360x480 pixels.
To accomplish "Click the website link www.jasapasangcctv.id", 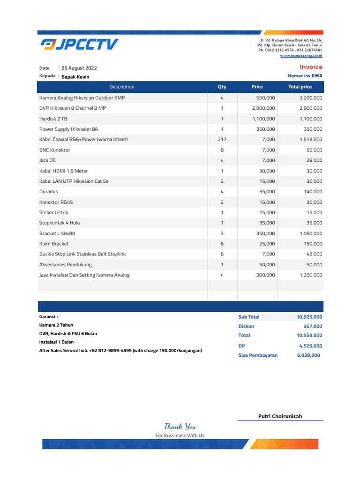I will tap(301, 55).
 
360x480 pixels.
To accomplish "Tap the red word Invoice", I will tap(311, 67).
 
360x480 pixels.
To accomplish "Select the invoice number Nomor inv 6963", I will tap(305, 75).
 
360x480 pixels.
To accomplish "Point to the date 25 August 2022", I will tap(79, 68).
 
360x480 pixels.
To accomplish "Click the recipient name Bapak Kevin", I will tap(75, 76).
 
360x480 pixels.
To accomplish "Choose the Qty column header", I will tap(222, 87).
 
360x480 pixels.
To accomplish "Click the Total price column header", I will tap(300, 87).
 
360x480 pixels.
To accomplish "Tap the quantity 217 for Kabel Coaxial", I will tap(222, 139).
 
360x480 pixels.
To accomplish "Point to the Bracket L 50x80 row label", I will tap(57, 233).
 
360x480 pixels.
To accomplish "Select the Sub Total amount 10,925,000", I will tap(309, 317).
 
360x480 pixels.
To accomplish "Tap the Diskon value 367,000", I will tap(313, 326).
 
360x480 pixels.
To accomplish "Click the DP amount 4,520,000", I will tap(310, 346).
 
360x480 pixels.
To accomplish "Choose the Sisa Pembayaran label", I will tap(258, 355).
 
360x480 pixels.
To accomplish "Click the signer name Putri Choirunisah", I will tap(280, 416).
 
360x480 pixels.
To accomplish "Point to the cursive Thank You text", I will tap(180, 427).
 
